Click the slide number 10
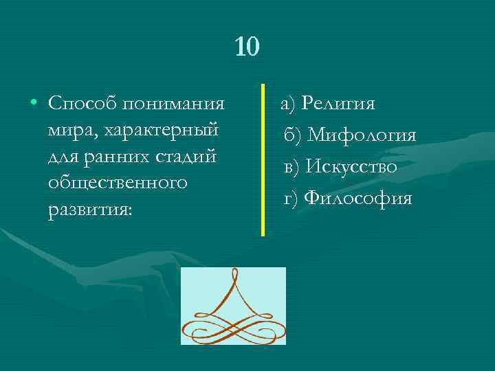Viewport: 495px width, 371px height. [x=247, y=47]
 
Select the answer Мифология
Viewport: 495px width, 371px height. [x=362, y=135]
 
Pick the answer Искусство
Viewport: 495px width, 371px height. [x=351, y=166]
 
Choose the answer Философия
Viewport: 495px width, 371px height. [x=357, y=198]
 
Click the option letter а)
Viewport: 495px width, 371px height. [x=287, y=104]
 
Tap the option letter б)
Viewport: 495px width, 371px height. [x=292, y=135]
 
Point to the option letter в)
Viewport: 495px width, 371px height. [x=292, y=166]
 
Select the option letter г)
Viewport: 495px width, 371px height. [x=292, y=198]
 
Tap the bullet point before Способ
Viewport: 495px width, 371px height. [x=33, y=104]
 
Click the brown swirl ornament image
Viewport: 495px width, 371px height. [x=233, y=306]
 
